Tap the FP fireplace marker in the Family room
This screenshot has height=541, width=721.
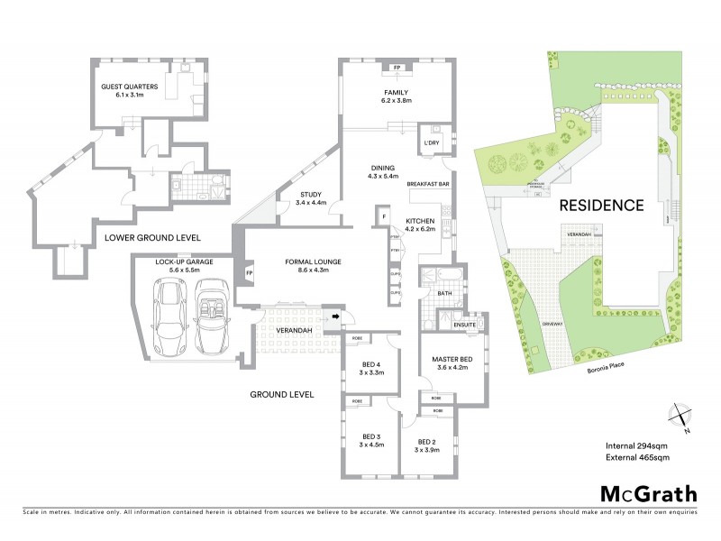click(397, 68)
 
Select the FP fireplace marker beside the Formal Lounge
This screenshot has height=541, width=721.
click(250, 270)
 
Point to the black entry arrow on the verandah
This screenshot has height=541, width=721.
click(336, 316)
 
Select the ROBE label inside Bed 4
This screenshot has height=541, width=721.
click(358, 338)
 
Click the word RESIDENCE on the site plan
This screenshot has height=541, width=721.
click(601, 205)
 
